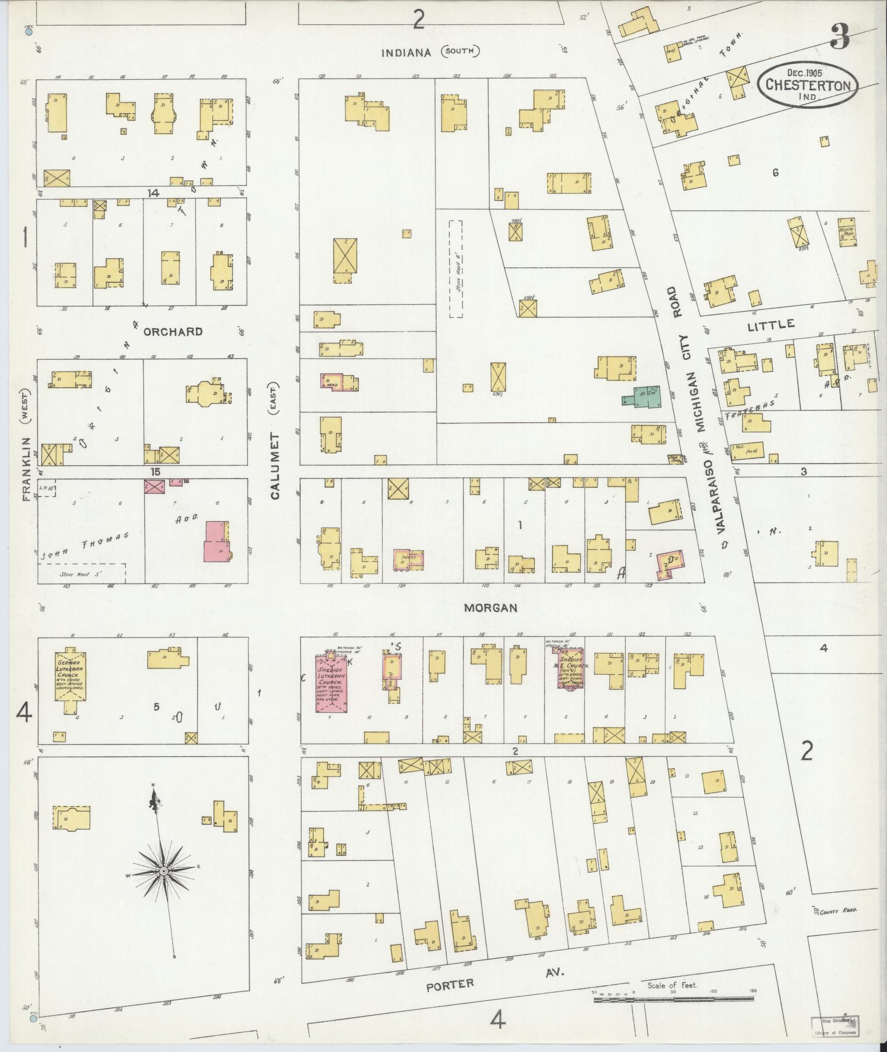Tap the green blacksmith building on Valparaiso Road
pyautogui.click(x=643, y=398)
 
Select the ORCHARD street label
pyautogui.click(x=173, y=332)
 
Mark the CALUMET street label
pyautogui.click(x=276, y=465)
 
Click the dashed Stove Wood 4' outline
pyautogui.click(x=455, y=269)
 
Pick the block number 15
pyautogui.click(x=155, y=472)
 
